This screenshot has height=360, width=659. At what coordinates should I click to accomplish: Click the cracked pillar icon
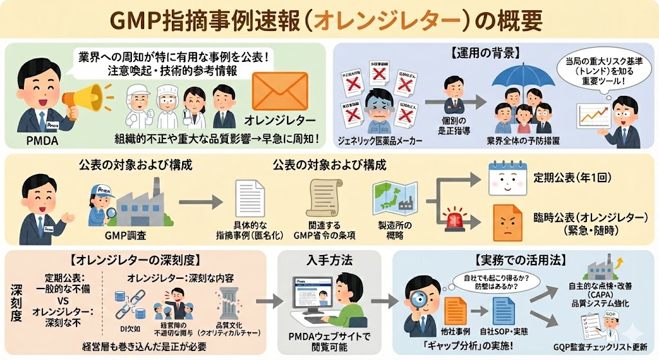pos(230,301)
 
